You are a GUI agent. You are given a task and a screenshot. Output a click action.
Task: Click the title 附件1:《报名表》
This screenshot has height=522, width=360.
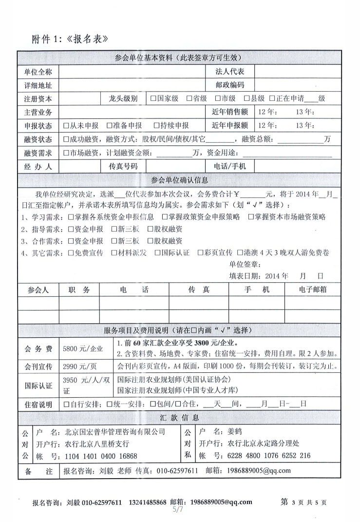[x=70, y=39]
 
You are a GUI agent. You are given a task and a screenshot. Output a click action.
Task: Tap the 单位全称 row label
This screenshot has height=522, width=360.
[x=38, y=72]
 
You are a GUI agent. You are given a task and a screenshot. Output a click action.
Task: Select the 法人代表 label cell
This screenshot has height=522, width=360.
[x=229, y=72]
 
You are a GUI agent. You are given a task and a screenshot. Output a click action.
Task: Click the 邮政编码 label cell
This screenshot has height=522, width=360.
[x=229, y=85]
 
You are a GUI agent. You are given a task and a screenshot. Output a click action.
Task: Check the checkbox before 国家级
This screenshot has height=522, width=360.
[x=153, y=98]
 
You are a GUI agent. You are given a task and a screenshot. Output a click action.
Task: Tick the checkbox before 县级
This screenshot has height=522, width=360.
[x=247, y=98]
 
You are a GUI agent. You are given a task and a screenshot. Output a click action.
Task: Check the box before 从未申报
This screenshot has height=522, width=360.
[x=66, y=125]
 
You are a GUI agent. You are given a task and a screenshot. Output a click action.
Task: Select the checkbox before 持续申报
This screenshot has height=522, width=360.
[x=157, y=125]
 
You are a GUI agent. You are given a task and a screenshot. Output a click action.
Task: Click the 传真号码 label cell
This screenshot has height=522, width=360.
[x=123, y=166]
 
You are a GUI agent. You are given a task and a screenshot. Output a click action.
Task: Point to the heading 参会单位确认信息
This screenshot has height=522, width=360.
[x=179, y=180]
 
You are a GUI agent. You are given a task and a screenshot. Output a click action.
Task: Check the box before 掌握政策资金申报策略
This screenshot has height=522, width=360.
[x=165, y=217]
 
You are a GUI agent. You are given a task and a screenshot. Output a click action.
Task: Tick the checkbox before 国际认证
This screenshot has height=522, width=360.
[x=158, y=252]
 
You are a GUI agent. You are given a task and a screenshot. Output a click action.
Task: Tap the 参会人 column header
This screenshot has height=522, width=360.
[x=38, y=290]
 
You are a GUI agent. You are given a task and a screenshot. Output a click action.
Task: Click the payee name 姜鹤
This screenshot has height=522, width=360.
[x=234, y=431]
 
